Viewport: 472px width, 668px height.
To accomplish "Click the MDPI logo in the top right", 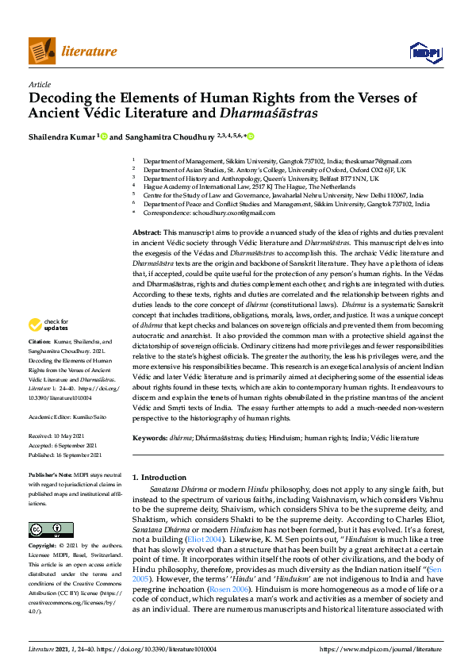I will [425, 52].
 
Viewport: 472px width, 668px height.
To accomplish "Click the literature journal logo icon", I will [41, 51].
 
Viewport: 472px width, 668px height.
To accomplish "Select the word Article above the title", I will [39, 83].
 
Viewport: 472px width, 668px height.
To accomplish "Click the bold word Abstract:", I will [148, 229].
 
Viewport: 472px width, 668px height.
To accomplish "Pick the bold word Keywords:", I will [150, 438].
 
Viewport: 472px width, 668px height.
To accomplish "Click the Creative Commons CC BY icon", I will [45, 529].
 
